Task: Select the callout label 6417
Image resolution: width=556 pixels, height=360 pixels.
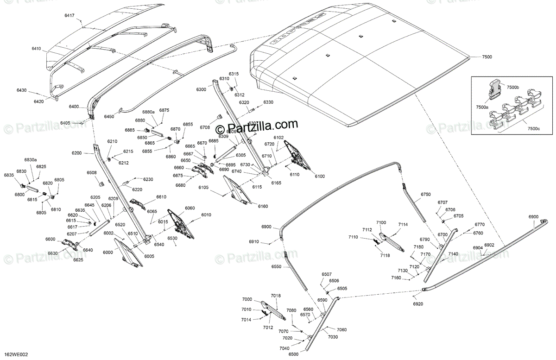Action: coord(69,16)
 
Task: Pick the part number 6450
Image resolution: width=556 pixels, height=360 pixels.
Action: coord(109,116)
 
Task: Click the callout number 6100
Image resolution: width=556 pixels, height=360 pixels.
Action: coord(319,177)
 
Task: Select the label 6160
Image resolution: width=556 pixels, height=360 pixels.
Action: coord(263,206)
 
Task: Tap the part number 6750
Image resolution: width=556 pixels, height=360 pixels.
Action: coord(425,194)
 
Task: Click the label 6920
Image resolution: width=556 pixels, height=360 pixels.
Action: coord(418,304)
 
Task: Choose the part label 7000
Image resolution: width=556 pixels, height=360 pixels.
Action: coord(246,299)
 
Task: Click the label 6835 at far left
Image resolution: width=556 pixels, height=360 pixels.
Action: coord(9,175)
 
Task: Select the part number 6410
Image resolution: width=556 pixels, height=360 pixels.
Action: coord(36,49)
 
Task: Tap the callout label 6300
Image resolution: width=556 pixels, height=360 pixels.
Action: coord(201,89)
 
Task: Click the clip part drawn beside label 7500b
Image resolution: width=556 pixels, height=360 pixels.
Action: coord(495,87)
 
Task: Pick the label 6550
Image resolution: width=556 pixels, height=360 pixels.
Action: coord(277,267)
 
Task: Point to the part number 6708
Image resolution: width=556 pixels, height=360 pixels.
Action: coord(205,126)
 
